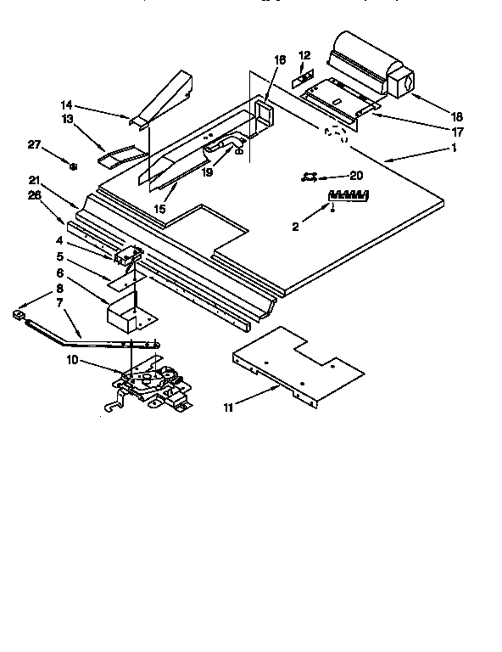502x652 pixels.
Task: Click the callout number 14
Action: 65,104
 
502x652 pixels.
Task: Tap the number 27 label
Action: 34,145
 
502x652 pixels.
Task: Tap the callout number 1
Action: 455,147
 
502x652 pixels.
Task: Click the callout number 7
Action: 59,303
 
